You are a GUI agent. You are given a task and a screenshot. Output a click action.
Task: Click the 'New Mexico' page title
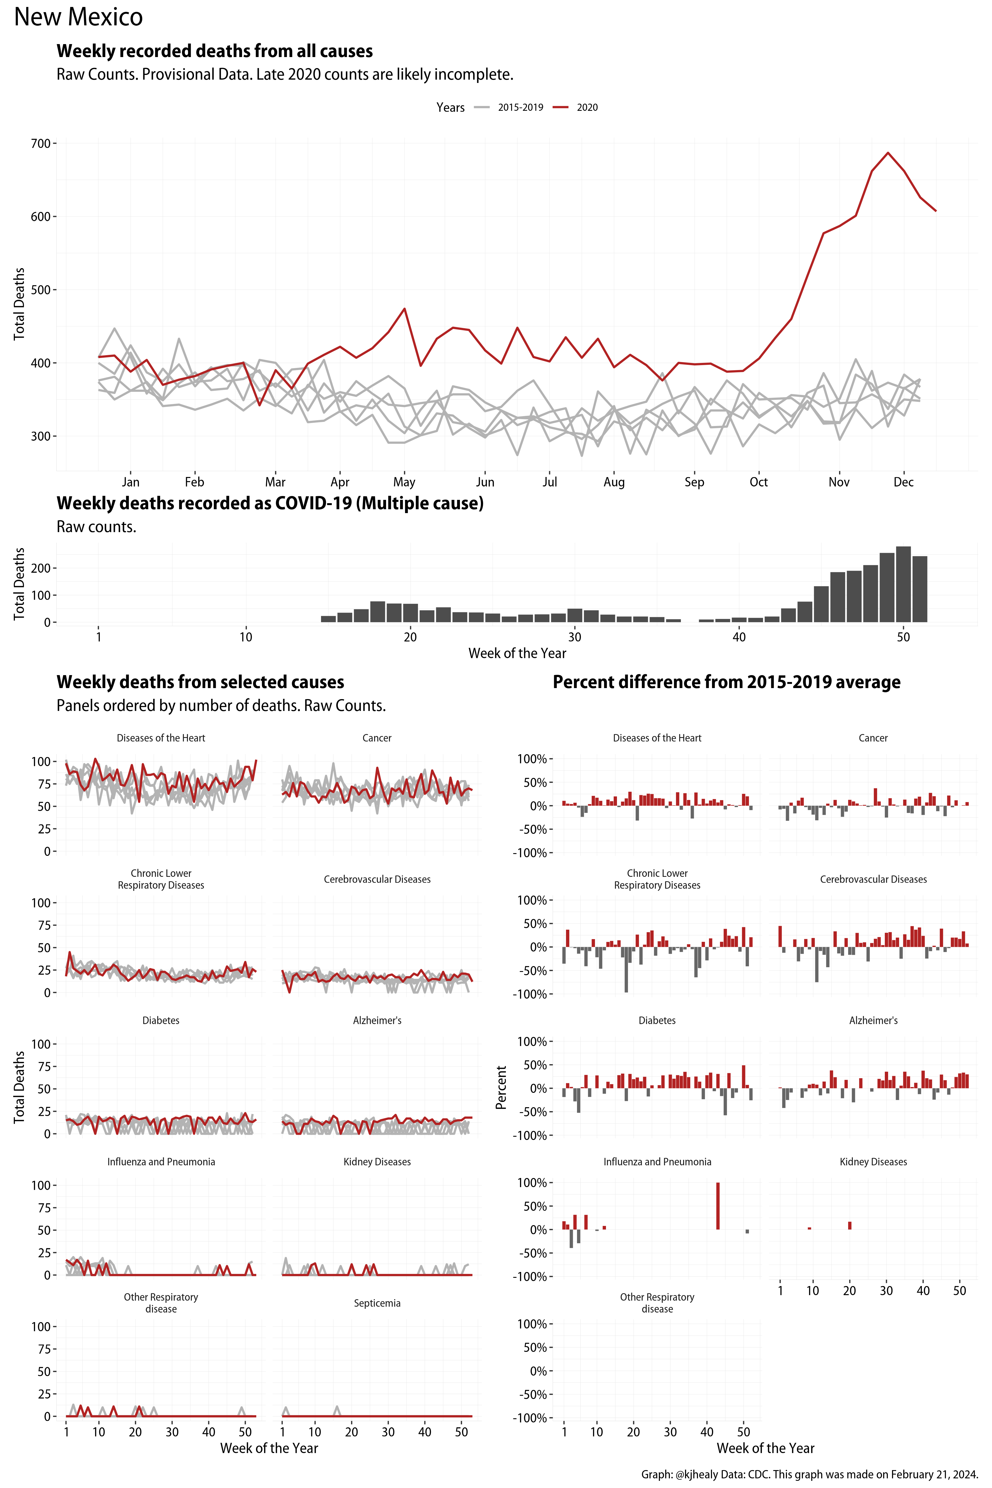click(79, 17)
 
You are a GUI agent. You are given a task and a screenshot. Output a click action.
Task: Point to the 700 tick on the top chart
click(41, 144)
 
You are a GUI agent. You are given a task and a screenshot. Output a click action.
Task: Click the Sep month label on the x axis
click(694, 482)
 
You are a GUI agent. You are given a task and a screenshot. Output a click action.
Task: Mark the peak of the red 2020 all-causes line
click(888, 153)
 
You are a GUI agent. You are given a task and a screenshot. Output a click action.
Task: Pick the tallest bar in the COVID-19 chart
click(904, 584)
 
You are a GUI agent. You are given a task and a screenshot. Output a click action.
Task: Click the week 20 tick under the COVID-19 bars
click(410, 637)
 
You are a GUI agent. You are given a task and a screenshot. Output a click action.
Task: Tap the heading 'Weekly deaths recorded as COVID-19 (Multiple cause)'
click(270, 504)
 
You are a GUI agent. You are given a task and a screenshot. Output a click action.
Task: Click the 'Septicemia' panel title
click(377, 1303)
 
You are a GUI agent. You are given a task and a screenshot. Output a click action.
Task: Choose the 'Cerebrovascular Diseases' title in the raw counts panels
click(377, 879)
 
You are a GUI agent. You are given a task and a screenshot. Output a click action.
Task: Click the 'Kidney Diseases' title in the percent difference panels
click(873, 1161)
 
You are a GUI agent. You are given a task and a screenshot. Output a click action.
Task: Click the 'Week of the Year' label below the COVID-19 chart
click(517, 654)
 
